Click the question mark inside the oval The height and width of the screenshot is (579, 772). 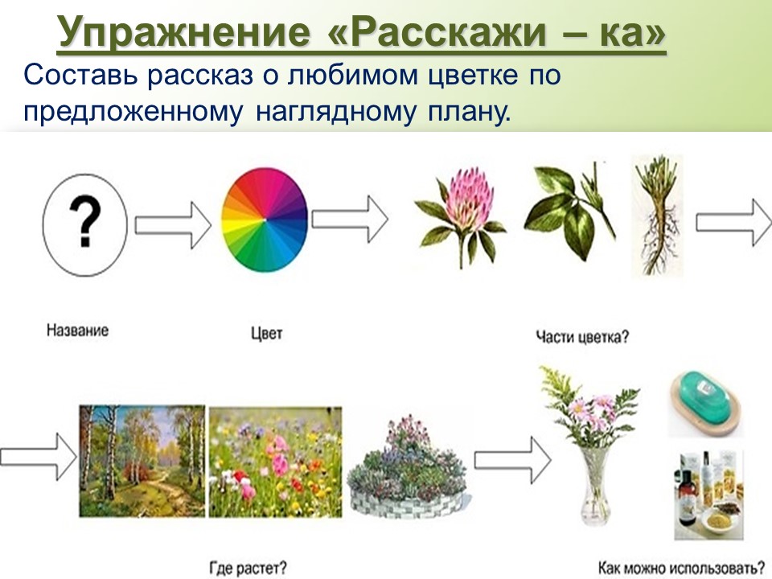tap(85, 222)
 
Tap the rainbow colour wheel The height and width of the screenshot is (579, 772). tap(265, 220)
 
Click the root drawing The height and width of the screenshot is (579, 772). tap(657, 216)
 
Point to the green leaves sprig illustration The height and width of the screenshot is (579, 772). tap(569, 211)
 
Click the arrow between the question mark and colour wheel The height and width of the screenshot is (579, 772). tap(173, 225)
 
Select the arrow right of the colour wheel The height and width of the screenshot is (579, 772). tap(350, 219)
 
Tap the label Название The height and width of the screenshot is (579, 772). tap(77, 330)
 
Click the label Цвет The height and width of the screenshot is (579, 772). tap(267, 333)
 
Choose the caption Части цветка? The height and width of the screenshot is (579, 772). tap(582, 337)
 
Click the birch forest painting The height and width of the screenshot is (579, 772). tap(142, 461)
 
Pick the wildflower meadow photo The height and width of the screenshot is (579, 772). tap(275, 462)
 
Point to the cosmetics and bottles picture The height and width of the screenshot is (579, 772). tap(708, 495)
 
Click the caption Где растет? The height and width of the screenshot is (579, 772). tap(248, 569)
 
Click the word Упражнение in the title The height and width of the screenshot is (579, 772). tap(183, 32)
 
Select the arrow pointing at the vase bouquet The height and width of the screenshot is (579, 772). tap(512, 460)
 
